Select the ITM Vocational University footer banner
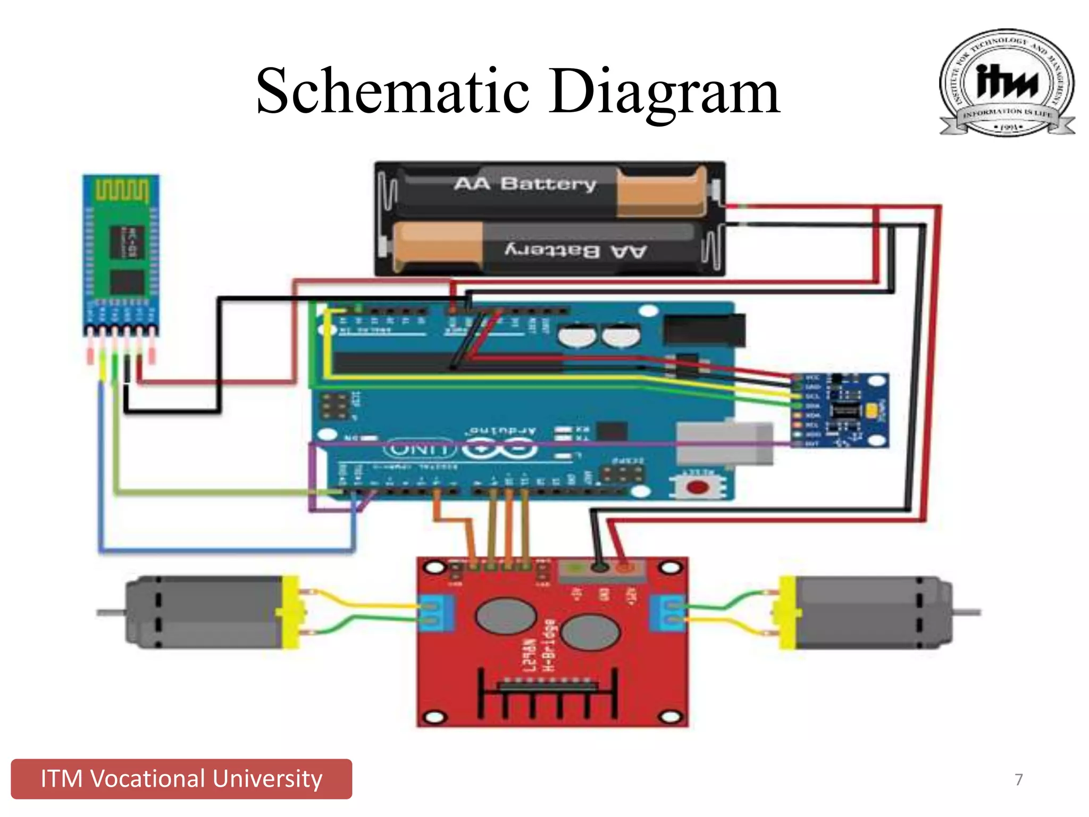pyautogui.click(x=181, y=779)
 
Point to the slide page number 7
pyautogui.click(x=1018, y=779)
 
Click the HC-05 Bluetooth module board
pyautogui.click(x=121, y=250)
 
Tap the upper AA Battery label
pyautogui.click(x=525, y=184)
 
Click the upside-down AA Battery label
pyautogui.click(x=575, y=251)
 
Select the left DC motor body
pyautogui.click(x=205, y=612)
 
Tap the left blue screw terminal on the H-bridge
pyautogui.click(x=436, y=613)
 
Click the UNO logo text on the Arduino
pyautogui.click(x=420, y=449)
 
